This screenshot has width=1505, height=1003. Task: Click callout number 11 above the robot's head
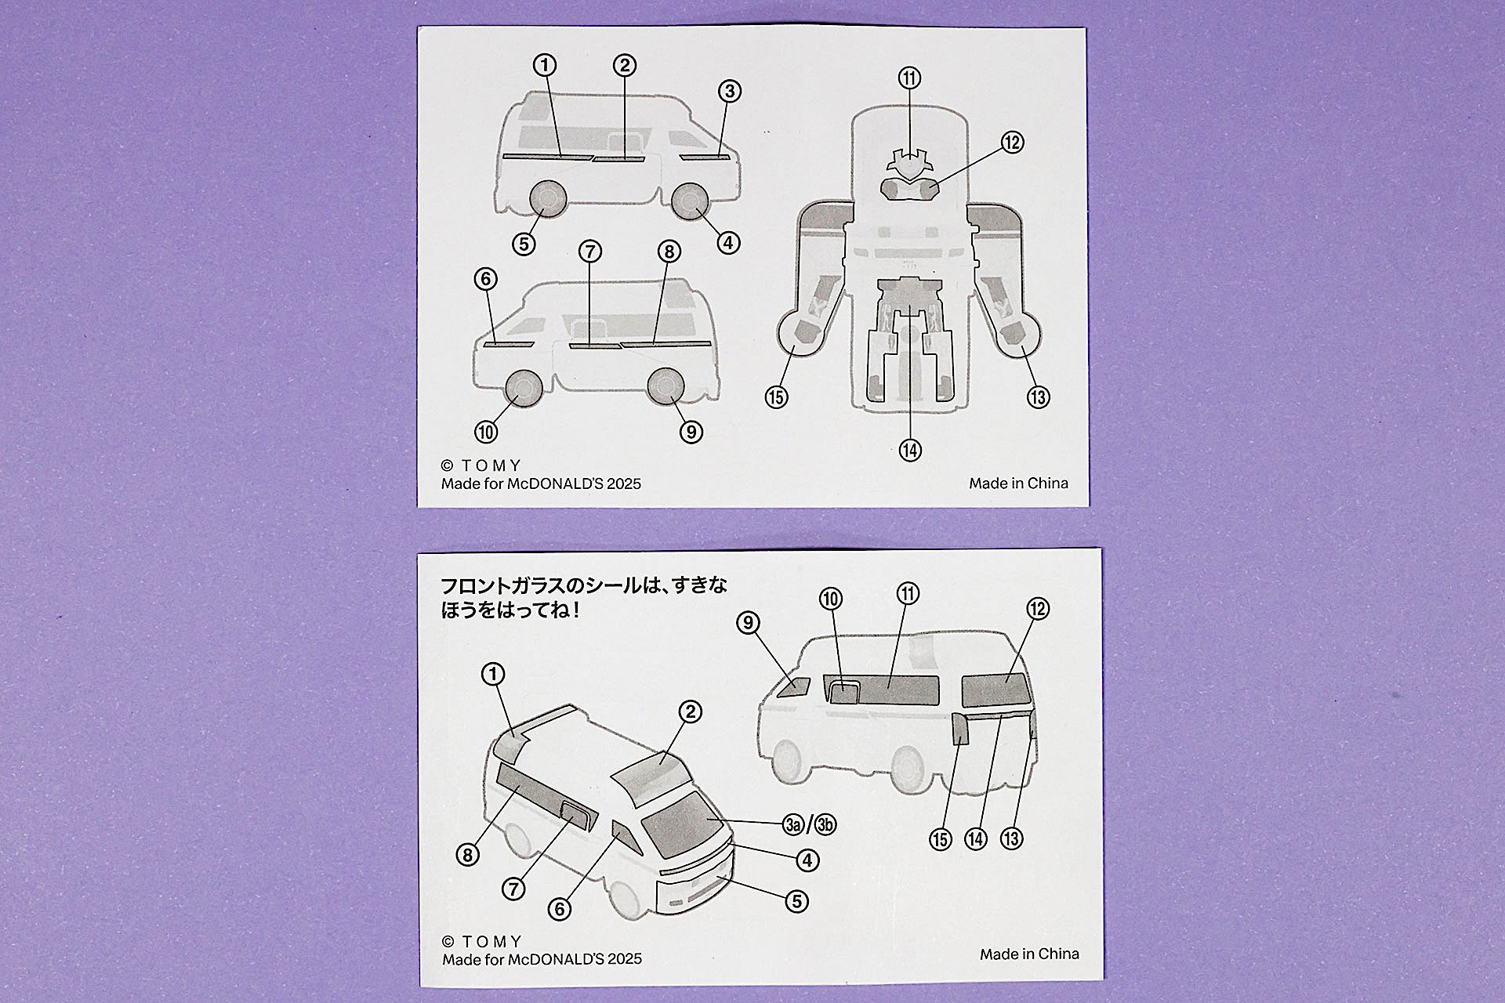[x=909, y=78]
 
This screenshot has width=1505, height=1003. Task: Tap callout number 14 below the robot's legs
[x=909, y=450]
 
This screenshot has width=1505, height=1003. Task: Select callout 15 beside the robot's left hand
[x=776, y=397]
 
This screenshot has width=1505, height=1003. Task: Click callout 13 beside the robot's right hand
[x=1039, y=397]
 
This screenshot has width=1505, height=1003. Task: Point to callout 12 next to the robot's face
[x=1012, y=142]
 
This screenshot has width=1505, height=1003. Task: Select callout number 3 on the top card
[x=729, y=91]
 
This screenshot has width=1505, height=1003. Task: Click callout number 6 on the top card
[x=486, y=279]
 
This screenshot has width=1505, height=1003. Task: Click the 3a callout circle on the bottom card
[x=793, y=824]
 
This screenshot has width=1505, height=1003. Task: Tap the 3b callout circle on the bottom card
[x=825, y=824]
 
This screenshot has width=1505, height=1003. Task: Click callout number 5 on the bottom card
[x=796, y=901]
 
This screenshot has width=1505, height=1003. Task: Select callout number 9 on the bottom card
[x=749, y=623]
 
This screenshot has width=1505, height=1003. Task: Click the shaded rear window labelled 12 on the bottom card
[x=995, y=688]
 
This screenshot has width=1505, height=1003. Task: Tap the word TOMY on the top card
[x=491, y=465]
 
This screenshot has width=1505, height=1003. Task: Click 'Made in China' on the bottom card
[x=1029, y=954]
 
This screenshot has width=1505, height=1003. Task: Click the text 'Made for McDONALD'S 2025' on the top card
[x=541, y=483]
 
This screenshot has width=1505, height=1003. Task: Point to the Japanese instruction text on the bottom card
[x=584, y=597]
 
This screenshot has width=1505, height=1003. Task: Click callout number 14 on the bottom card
[x=975, y=839]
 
